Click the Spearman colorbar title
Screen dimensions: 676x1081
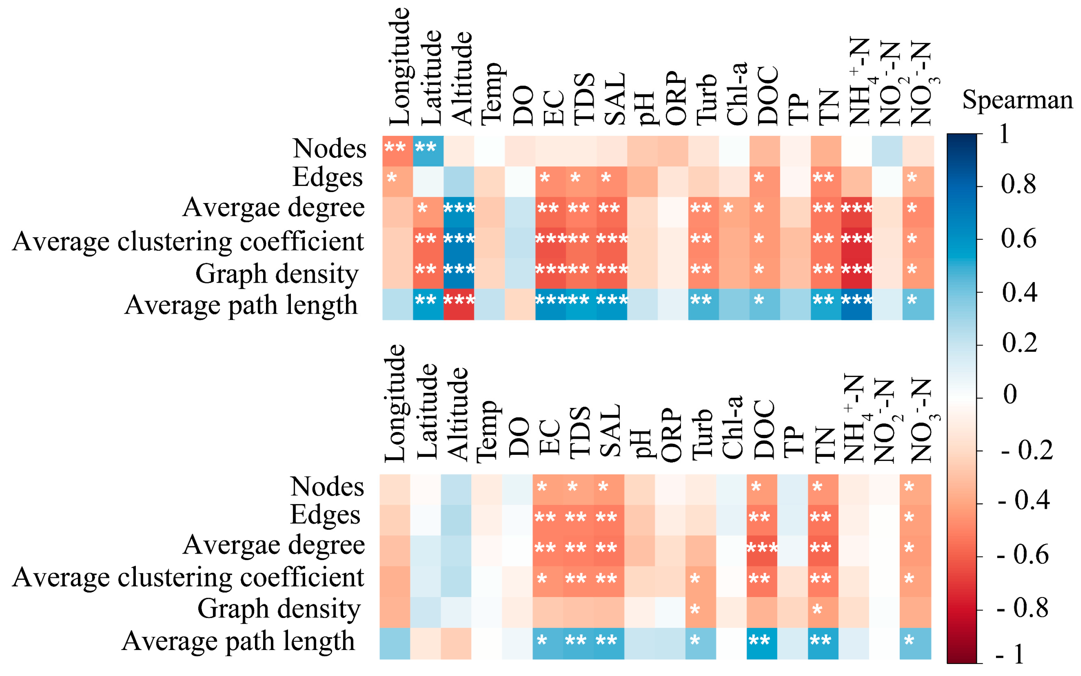point(1017,100)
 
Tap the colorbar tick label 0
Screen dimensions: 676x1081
point(1010,394)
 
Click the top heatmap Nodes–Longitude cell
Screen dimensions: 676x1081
point(398,151)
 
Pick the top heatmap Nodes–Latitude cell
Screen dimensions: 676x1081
point(428,151)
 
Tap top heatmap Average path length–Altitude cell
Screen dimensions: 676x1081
point(459,304)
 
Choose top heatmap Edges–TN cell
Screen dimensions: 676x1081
point(826,181)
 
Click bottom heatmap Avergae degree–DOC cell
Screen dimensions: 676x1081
point(762,551)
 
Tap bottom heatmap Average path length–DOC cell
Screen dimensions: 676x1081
point(762,643)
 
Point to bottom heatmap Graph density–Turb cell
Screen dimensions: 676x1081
point(701,612)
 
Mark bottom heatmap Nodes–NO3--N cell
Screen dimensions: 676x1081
point(915,490)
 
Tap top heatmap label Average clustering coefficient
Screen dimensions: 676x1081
point(188,242)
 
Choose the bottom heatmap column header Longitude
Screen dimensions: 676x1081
point(395,403)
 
